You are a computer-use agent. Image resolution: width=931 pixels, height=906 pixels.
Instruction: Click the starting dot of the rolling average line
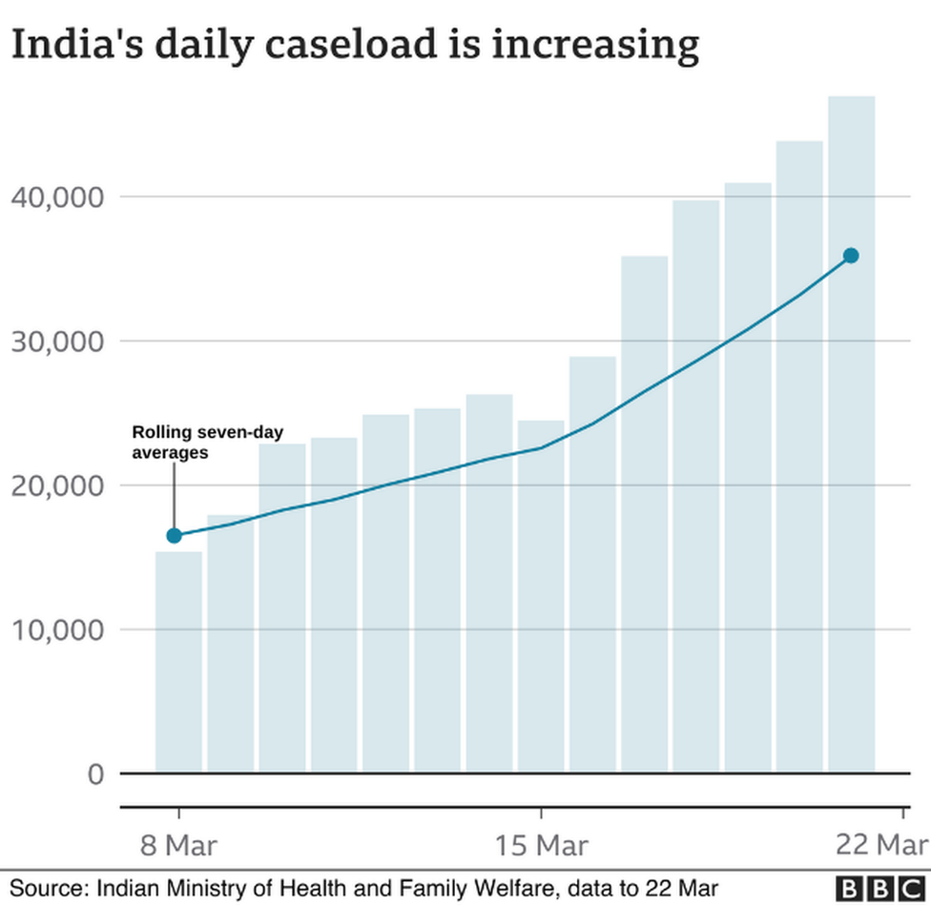click(174, 535)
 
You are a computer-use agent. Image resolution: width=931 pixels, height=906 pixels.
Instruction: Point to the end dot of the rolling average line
click(851, 256)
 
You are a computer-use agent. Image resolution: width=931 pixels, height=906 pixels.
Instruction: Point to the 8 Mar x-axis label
click(177, 845)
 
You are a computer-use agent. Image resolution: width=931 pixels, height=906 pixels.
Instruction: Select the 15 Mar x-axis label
click(541, 845)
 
